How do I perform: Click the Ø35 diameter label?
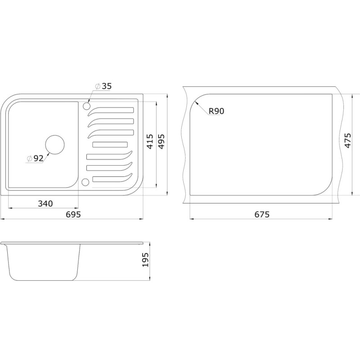[103, 86]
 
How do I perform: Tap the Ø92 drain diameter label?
[35, 158]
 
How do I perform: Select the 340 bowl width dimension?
[45, 204]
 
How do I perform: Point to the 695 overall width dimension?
[73, 215]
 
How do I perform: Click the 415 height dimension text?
[150, 142]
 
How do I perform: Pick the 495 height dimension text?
[162, 142]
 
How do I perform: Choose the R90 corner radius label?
[216, 111]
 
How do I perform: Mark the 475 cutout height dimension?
[347, 140]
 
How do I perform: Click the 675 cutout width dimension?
[262, 215]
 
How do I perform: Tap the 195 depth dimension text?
[145, 260]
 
